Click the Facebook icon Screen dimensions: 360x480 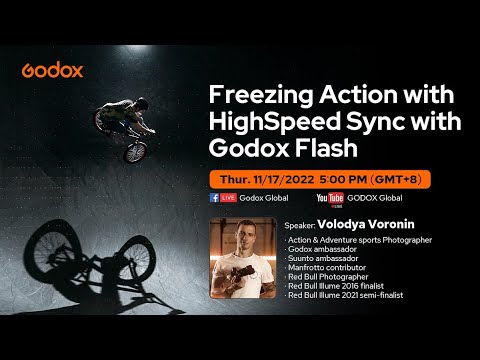click(x=215, y=198)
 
